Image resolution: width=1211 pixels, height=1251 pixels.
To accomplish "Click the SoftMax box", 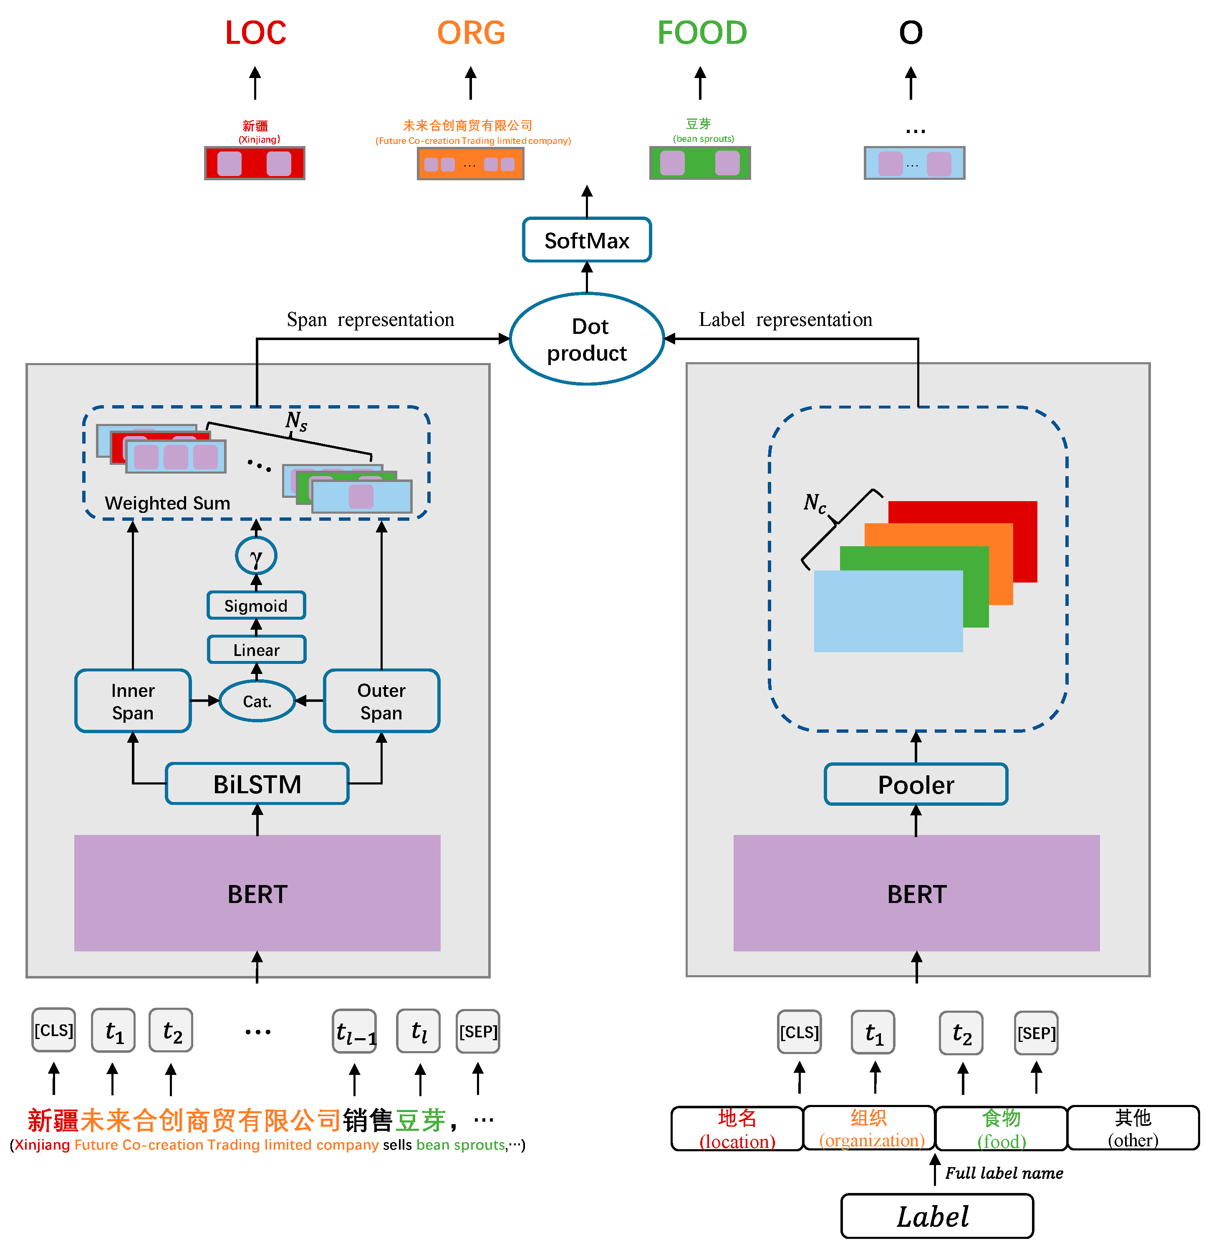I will [x=587, y=240].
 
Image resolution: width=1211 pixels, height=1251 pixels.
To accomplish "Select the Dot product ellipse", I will [x=587, y=339].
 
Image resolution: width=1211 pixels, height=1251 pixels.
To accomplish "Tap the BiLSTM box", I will [x=257, y=784].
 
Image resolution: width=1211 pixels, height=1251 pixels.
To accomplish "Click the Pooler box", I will [x=916, y=784].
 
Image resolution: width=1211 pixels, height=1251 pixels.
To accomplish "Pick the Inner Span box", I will [x=133, y=701].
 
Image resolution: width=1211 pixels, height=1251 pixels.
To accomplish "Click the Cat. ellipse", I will [x=257, y=701].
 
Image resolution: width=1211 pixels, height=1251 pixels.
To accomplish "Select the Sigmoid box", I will [x=256, y=605].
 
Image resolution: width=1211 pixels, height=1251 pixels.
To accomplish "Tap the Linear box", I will [x=256, y=650].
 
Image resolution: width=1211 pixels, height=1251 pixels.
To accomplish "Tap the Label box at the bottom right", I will [x=936, y=1216].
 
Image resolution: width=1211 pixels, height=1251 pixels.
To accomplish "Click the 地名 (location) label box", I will [x=737, y=1128].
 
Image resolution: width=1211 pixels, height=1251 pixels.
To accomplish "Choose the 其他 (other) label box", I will [x=1133, y=1128].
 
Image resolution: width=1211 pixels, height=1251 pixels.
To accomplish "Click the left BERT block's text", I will [x=257, y=894].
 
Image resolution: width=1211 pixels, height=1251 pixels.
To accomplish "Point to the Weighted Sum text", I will [x=167, y=503].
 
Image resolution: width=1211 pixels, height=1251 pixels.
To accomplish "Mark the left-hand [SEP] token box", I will [x=478, y=1031].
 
